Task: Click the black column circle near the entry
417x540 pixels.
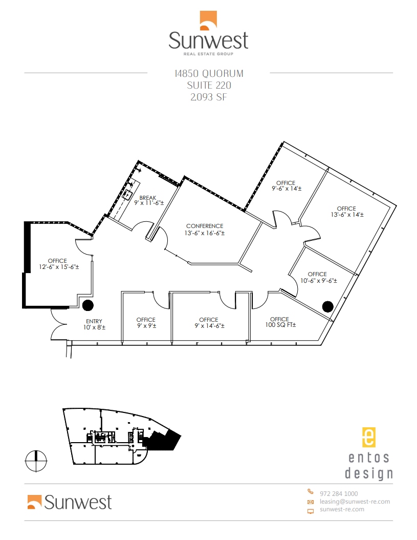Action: pyautogui.click(x=88, y=305)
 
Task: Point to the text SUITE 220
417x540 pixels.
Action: pyautogui.click(x=208, y=85)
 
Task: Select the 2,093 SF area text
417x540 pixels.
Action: pyautogui.click(x=208, y=97)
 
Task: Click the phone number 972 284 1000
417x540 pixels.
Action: pyautogui.click(x=338, y=493)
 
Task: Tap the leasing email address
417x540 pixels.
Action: pyautogui.click(x=355, y=502)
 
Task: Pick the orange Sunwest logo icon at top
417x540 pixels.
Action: pyautogui.click(x=208, y=19)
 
